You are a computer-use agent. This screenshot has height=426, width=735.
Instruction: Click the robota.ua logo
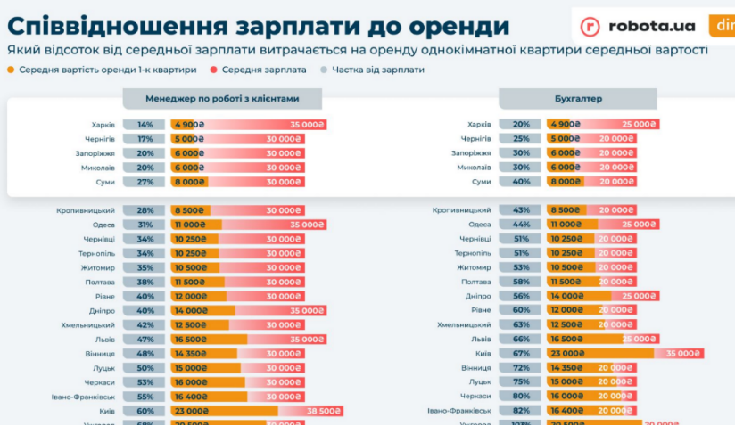click(638, 26)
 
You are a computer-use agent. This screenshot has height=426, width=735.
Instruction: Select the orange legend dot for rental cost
click(11, 69)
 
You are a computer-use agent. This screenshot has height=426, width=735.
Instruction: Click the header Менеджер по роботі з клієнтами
click(222, 99)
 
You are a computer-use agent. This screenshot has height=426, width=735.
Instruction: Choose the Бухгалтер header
click(577, 99)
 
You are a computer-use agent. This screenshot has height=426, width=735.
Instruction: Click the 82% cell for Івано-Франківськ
click(521, 410)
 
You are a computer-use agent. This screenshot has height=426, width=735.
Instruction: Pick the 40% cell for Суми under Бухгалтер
click(521, 182)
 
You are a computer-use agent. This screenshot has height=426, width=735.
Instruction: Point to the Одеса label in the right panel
click(479, 225)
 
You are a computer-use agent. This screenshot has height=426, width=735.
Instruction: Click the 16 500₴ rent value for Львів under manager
click(193, 340)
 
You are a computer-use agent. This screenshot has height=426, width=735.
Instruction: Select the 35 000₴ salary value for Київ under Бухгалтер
click(683, 353)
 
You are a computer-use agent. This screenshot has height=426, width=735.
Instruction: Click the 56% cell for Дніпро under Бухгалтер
click(521, 296)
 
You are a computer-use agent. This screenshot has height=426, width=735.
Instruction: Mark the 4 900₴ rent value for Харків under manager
click(189, 125)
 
